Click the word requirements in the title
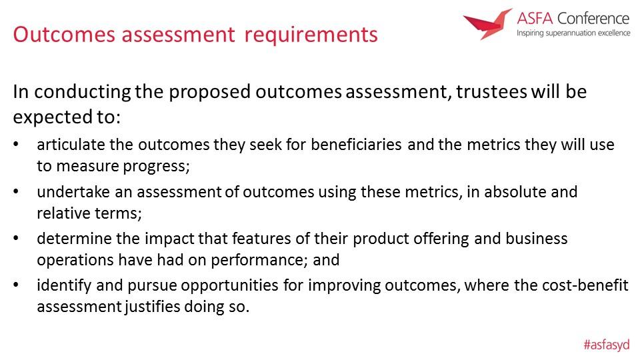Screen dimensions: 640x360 tap(311, 35)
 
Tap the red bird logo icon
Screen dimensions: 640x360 tap(487, 24)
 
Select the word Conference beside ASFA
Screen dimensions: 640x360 tap(593, 19)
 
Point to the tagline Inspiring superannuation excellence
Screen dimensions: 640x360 tap(573, 33)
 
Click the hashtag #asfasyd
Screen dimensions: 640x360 tap(607, 345)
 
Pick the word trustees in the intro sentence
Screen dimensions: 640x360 tap(491, 92)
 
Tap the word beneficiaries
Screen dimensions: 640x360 tap(356, 145)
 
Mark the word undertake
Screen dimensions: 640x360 tap(73, 192)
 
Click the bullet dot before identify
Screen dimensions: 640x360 tap(16, 285)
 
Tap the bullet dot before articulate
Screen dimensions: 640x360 tap(16, 145)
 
